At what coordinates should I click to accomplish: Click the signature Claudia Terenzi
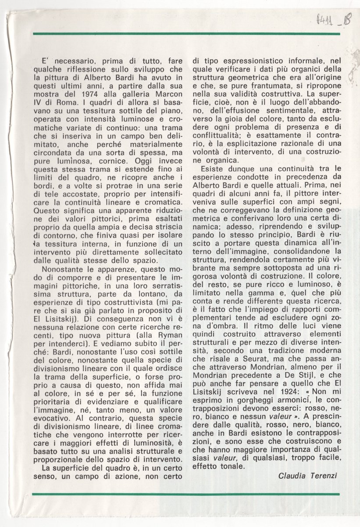point(308,476)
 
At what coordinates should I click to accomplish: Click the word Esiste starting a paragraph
point(212,169)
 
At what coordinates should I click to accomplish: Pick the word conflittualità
point(222,135)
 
